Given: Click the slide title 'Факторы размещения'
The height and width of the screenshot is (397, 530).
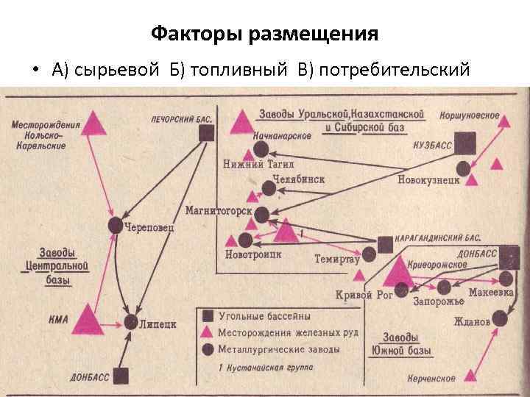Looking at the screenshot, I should coord(264,34).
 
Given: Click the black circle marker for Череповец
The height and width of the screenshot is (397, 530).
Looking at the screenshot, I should coord(115,225).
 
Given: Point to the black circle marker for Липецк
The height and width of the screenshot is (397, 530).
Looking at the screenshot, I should coord(131,323).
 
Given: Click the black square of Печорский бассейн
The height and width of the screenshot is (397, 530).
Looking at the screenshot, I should coord(207,132).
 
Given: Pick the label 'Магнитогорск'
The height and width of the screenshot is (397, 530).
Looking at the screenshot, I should coord(218,212).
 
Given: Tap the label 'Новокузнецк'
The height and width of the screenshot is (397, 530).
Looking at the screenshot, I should coord(428,179).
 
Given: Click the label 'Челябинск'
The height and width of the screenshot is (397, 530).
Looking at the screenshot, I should coord(298,179).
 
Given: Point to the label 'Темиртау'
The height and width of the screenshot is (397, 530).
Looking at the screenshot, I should coord(336,259).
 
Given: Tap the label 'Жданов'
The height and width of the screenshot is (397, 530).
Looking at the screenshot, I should coord(472,321).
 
